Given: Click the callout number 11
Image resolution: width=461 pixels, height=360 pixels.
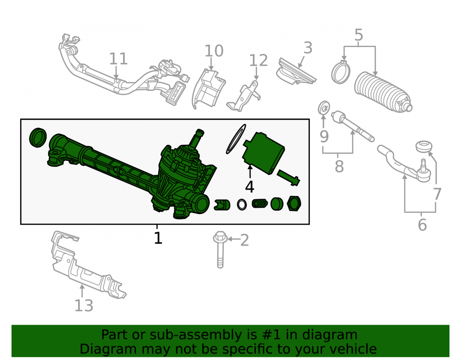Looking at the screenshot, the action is (118, 59).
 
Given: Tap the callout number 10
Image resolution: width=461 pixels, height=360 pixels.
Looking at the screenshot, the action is (214, 51).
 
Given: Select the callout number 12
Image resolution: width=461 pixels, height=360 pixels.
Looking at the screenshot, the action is (259, 60).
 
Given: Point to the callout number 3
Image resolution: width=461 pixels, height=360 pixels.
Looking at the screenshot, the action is (307, 47).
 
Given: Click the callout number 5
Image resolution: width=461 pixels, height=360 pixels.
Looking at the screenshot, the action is (359, 35).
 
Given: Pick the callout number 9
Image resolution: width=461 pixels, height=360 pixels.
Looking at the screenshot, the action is (324, 136).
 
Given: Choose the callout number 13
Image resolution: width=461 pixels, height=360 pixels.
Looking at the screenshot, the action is (84, 306).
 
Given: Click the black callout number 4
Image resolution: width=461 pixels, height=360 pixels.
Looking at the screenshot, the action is (249, 187).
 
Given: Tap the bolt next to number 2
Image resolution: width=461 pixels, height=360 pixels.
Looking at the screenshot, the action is (220, 249).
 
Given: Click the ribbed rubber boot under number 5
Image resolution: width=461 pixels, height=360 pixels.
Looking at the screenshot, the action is (383, 92).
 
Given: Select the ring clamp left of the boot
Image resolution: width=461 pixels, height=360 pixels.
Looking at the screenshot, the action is (341, 72).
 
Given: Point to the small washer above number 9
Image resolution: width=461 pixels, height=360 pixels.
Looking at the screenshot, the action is (324, 108).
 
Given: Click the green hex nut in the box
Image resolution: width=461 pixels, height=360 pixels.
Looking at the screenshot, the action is (294, 203).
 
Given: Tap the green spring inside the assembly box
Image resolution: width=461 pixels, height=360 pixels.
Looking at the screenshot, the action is (259, 203).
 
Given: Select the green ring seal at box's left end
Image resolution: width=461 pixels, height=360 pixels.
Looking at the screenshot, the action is (38, 137).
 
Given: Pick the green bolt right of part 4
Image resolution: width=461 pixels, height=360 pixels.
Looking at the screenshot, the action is (288, 177).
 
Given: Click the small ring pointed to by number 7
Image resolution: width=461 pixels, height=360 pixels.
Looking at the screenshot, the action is (424, 147).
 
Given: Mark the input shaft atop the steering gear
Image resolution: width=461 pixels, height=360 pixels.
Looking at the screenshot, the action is (197, 138).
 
